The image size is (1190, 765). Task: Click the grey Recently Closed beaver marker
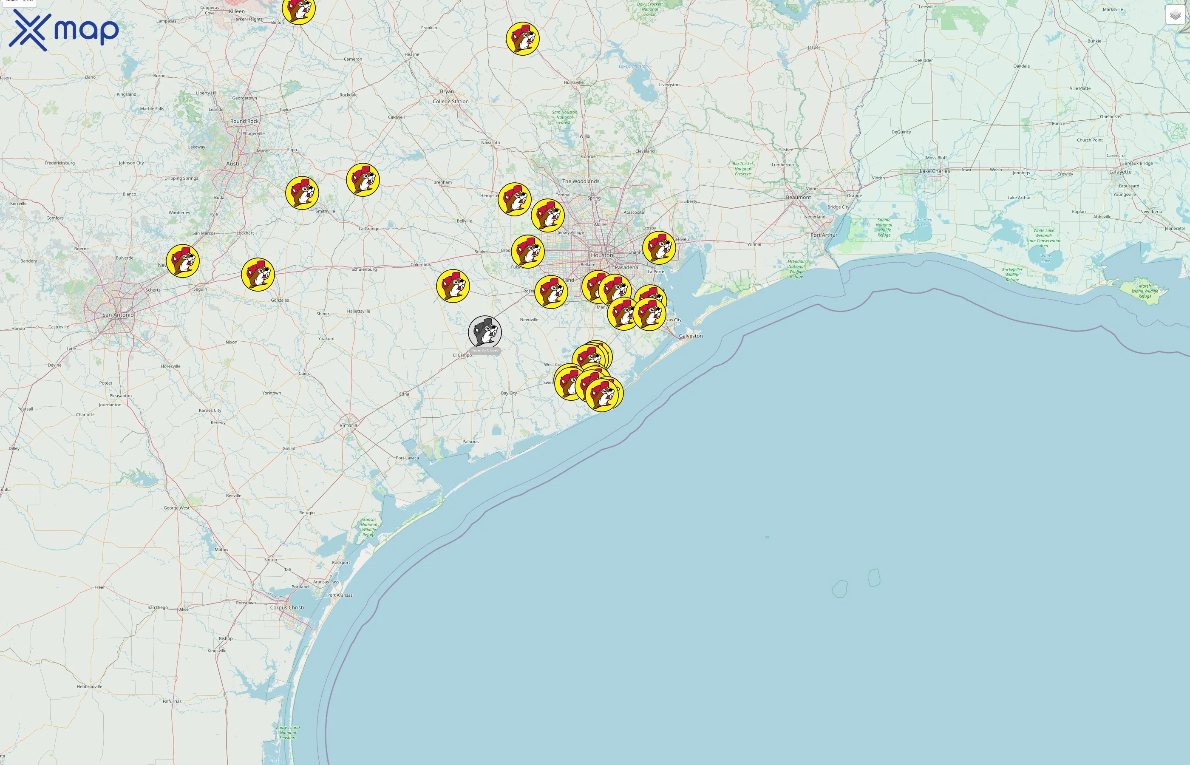point(485,332)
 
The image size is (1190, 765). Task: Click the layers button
point(1175,15)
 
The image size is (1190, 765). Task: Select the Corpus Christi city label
point(287,607)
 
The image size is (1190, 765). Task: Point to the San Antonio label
point(118,315)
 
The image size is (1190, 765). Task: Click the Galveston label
point(690,336)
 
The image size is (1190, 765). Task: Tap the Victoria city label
point(348,426)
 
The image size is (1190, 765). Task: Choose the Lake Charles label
point(934,171)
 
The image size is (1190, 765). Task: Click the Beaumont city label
point(798,198)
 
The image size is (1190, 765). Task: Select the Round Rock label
point(244,121)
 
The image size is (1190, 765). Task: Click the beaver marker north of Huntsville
point(522,38)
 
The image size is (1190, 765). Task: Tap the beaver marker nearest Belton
point(298,8)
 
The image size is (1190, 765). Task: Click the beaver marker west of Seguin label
point(183,261)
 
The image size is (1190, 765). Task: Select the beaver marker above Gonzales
point(258,274)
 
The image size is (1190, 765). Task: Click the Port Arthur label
point(824,235)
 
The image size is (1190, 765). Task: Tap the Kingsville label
point(217,651)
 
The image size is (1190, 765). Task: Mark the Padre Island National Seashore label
point(288,733)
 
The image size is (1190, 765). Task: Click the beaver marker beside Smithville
point(302,193)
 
